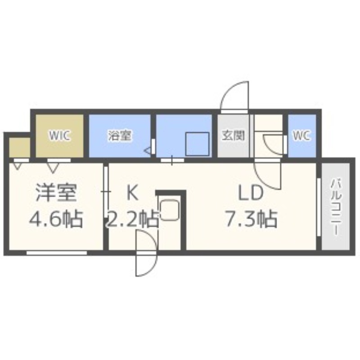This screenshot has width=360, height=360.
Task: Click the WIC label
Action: [60, 136]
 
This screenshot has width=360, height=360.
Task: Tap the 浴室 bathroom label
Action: [120, 136]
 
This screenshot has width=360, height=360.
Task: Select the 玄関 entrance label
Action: [234, 136]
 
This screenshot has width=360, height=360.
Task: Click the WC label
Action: [302, 136]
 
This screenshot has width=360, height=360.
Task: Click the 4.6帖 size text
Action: [56, 220]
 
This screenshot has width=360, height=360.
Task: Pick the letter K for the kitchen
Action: [131, 193]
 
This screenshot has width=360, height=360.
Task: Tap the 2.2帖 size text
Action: [132, 220]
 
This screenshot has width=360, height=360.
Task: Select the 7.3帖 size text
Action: [250, 220]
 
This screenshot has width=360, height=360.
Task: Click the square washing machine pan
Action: [197, 144]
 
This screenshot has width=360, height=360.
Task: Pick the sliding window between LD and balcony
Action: [318, 207]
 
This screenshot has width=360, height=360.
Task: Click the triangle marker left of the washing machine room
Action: [147, 151]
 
